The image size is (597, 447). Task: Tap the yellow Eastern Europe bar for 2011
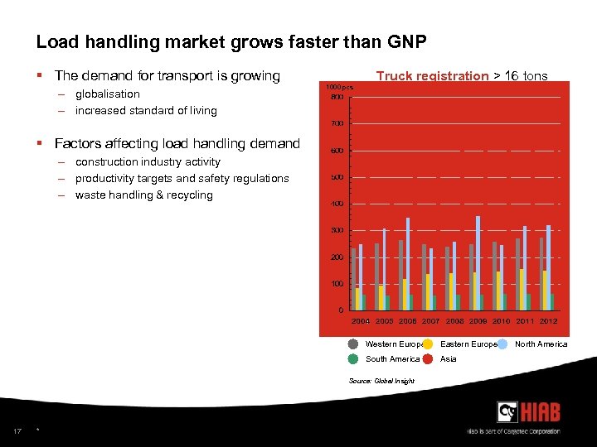point(522,289)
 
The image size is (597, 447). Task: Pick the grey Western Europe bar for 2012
point(541,273)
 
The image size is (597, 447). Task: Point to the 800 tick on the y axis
point(337,98)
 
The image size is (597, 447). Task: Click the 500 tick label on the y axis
point(337,177)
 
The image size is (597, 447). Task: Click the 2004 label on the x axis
point(361,321)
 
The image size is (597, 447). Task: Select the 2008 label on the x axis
point(454,321)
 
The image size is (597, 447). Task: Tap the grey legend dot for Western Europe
point(353,344)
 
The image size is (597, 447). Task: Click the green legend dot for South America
point(353,359)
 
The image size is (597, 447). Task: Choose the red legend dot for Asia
point(428,359)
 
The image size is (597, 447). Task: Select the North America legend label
point(541,344)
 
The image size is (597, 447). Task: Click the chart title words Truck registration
point(432,76)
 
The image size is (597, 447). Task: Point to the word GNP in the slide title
point(405,41)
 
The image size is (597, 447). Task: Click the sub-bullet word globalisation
point(107,94)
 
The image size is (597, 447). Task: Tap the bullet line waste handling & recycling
point(143,195)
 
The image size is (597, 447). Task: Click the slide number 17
point(17,430)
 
